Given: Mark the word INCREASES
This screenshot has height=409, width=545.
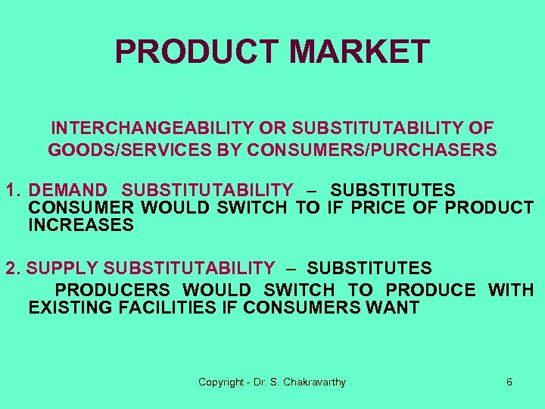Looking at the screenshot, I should pos(80,226).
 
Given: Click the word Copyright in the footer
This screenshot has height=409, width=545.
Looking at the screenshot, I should pos(220,382).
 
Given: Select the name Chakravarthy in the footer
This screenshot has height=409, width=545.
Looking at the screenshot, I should pos(314,382).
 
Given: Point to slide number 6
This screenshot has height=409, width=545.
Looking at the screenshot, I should pos(509,382).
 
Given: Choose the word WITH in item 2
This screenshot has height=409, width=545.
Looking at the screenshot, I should pos(511,290).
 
